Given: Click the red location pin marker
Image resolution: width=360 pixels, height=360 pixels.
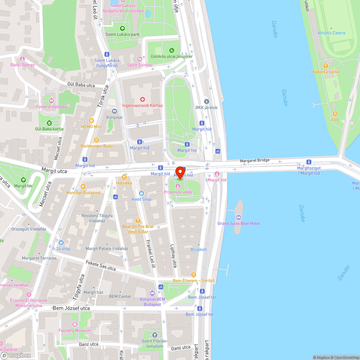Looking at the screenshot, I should pyautogui.click(x=180, y=172).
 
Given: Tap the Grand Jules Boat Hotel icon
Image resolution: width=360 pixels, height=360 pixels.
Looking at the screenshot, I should pyautogui.click(x=238, y=217).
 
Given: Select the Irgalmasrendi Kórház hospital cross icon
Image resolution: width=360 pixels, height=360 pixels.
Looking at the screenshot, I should pyautogui.click(x=143, y=99).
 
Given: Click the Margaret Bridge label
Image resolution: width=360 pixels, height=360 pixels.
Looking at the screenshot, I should pyautogui.click(x=255, y=160).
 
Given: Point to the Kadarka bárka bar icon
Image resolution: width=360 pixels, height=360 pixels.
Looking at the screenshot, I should pyautogui.click(x=326, y=66).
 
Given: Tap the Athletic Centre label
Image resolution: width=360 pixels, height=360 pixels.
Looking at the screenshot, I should pyautogui.click(x=331, y=33).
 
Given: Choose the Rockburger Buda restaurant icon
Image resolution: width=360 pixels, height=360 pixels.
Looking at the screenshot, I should pyautogui.click(x=96, y=140).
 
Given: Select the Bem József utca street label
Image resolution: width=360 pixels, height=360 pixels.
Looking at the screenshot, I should pyautogui.click(x=71, y=309).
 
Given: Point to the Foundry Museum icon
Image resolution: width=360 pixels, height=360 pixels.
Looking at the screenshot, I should pyautogui.click(x=75, y=325).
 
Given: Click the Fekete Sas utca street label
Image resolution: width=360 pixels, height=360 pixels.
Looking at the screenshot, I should pyautogui.click(x=101, y=266).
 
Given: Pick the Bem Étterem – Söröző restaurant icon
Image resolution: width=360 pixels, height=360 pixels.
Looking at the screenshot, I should pyautogui.click(x=194, y=274).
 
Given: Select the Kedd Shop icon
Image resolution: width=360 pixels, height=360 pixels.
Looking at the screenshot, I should pyautogui.click(x=141, y=193).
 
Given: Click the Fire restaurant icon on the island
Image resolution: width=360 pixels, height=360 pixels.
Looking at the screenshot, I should pyautogui.click(x=335, y=114).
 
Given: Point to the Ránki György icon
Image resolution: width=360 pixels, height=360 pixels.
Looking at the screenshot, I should pyautogui.click(x=22, y=59).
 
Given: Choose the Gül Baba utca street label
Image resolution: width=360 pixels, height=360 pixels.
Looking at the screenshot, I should pyautogui.click(x=81, y=85).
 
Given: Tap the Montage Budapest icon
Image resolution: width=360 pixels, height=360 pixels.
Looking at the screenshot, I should pyautogui.click(x=83, y=186).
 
